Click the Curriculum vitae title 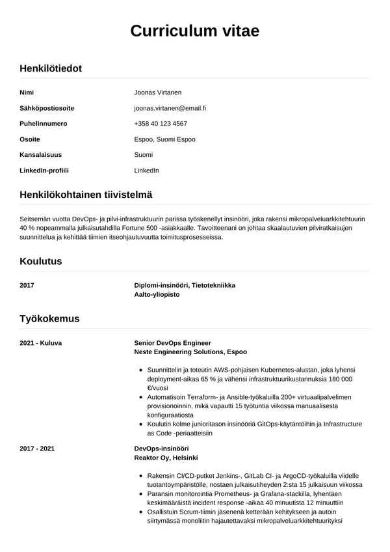pyautogui.click(x=195, y=31)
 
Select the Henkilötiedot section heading pyautogui.click(x=51, y=68)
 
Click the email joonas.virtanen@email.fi pyautogui.click(x=170, y=108)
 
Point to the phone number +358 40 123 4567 pyautogui.click(x=161, y=124)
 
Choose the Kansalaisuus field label pyautogui.click(x=40, y=155)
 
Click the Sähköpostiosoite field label pyautogui.click(x=47, y=108)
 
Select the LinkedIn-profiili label pyautogui.click(x=44, y=171)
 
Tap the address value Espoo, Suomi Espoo pyautogui.click(x=164, y=139)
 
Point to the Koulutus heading pyautogui.click(x=41, y=261)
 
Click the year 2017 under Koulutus pyautogui.click(x=27, y=285)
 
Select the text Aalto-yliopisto pyautogui.click(x=157, y=294)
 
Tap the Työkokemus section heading pyautogui.click(x=50, y=318)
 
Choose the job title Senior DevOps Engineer pyautogui.click(x=172, y=342)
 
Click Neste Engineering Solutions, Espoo pyautogui.click(x=190, y=352)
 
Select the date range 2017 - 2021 pyautogui.click(x=37, y=449)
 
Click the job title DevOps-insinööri pyautogui.click(x=161, y=449)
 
